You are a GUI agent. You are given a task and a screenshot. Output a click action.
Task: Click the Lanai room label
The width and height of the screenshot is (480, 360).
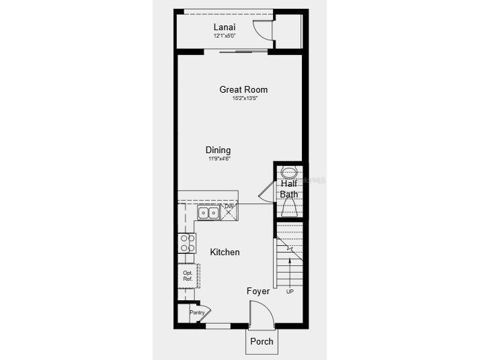[225, 27]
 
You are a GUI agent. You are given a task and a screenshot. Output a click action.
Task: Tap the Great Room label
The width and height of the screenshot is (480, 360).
[243, 89]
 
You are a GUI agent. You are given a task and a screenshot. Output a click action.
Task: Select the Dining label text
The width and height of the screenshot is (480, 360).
[218, 150]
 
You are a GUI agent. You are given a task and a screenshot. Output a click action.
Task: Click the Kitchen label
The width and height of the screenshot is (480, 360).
[225, 252]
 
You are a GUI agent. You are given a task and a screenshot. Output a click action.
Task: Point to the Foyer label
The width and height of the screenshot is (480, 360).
[258, 291]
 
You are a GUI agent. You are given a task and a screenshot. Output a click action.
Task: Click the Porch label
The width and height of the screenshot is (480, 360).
[262, 341]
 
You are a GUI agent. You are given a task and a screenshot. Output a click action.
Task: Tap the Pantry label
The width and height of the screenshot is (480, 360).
[196, 312]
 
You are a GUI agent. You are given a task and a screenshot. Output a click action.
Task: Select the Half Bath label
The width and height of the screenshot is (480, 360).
[289, 189]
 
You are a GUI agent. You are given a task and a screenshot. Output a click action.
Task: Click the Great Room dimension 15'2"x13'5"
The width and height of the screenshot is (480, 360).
[245, 98]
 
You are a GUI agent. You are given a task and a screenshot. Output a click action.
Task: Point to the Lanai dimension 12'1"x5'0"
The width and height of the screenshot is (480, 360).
[225, 36]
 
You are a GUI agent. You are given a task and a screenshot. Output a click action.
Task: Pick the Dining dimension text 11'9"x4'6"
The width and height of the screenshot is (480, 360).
[219, 159]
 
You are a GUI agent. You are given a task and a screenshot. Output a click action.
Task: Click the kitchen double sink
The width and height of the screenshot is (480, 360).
[208, 213]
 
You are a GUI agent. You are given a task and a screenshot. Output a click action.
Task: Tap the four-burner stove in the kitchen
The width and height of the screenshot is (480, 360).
[188, 242]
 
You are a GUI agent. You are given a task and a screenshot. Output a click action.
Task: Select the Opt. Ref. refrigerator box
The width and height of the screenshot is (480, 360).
[188, 275]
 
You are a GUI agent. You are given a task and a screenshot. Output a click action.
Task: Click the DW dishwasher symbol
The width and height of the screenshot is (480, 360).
[229, 211]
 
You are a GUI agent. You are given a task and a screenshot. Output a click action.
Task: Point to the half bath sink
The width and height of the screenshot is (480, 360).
[289, 172]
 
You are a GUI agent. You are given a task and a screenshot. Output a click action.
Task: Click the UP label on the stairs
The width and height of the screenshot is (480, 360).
[290, 291]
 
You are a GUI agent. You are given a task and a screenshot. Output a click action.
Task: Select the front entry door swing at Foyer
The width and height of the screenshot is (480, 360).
[260, 313]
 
